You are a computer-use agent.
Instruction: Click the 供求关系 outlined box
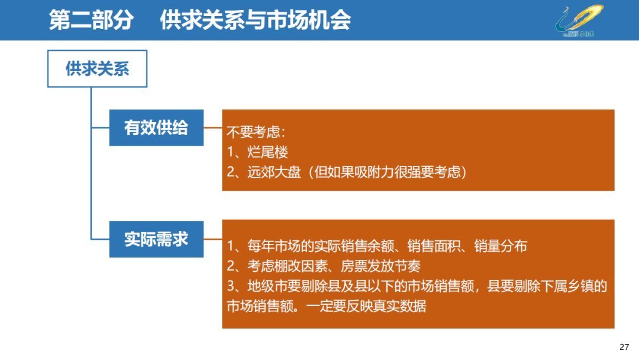point(97,69)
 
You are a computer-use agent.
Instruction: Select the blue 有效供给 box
point(156,127)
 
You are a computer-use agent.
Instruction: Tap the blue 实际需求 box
point(156,239)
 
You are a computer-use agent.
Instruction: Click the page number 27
point(624,346)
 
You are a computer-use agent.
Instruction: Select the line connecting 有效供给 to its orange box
point(213,127)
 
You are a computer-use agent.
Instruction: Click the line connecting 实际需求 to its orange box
point(213,239)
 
